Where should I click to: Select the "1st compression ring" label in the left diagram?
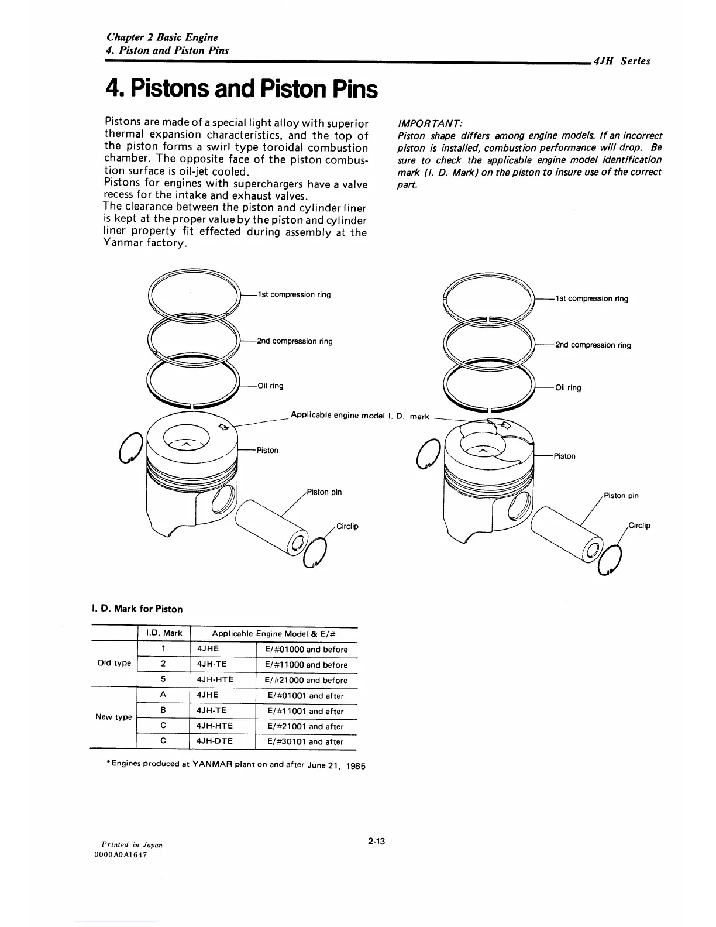click(294, 294)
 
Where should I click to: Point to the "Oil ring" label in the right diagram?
click(567, 387)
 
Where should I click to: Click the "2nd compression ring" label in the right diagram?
click(593, 345)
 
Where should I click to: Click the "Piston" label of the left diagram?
click(267, 450)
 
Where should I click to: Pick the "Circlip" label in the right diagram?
click(639, 525)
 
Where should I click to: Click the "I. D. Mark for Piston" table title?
click(137, 609)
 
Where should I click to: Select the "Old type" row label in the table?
click(114, 663)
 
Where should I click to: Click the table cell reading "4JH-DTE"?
click(215, 741)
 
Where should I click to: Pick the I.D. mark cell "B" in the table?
click(163, 710)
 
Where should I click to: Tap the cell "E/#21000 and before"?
click(306, 680)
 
